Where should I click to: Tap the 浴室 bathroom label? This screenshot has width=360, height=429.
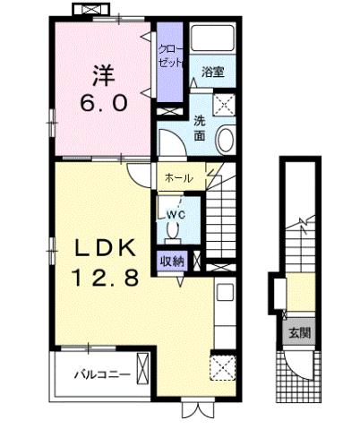211,71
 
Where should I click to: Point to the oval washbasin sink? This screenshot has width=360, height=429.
226,142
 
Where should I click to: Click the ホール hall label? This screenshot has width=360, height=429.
177,178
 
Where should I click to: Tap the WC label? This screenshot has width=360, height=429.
173,215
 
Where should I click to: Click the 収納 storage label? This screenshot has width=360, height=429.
172,262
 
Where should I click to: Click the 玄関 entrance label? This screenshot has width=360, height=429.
297,333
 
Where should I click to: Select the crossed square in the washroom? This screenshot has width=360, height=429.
225,102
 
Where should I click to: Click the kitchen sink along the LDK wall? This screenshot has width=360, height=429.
225,295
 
